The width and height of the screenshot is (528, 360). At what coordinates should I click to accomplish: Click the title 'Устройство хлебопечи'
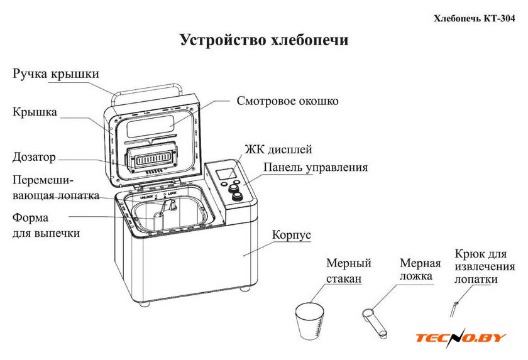[x=264, y=41]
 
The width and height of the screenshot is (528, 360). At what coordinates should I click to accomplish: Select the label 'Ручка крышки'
[x=55, y=74]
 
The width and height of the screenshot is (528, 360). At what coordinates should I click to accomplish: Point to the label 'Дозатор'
[x=34, y=157]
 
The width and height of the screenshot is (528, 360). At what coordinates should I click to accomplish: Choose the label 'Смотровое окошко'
[x=287, y=101]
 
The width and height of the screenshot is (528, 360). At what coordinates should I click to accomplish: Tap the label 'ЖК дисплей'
[x=278, y=150]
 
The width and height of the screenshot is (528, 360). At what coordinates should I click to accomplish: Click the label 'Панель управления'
[x=315, y=168]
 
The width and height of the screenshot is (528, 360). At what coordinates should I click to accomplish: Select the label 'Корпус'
[x=291, y=235]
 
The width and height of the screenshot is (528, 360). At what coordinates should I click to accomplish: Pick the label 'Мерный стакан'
[x=348, y=270]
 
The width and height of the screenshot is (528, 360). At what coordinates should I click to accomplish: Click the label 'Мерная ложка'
[x=420, y=270]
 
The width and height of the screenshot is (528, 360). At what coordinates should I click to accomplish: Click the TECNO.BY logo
[x=461, y=337]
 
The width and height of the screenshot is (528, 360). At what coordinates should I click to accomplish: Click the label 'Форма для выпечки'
[x=46, y=226]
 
